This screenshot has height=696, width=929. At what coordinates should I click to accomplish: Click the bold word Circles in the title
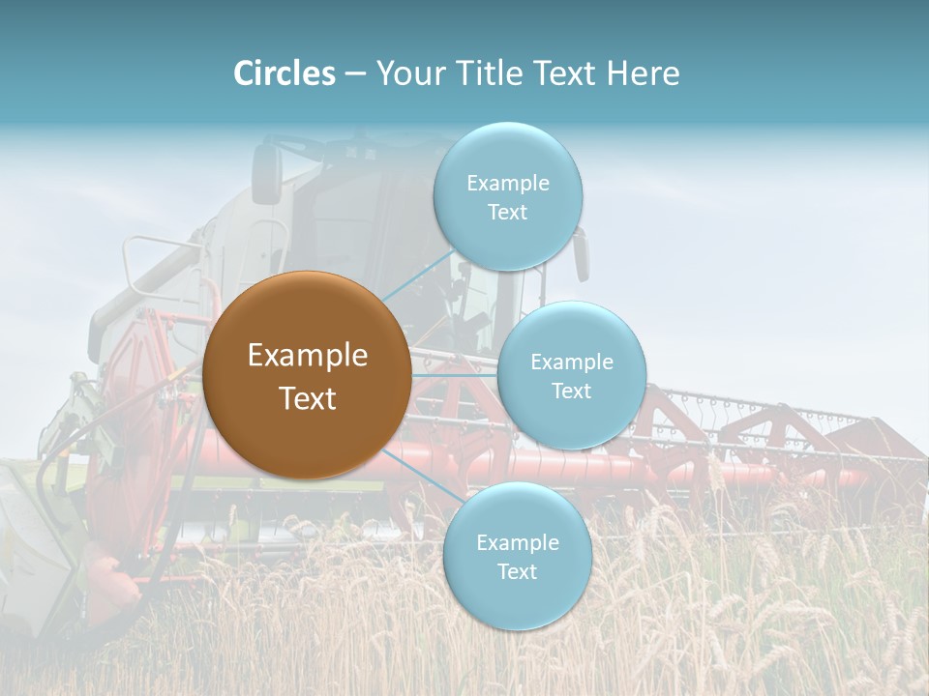click(285, 73)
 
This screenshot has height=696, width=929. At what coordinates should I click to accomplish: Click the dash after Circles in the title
click(355, 73)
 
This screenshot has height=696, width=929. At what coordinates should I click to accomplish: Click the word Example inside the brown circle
click(307, 356)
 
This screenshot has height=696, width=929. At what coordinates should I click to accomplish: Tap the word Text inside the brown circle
click(307, 398)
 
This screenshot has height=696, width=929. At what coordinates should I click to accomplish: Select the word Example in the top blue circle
click(507, 183)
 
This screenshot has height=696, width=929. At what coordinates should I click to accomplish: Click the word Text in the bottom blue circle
click(517, 571)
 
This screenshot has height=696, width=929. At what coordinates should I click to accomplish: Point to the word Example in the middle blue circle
click(571, 362)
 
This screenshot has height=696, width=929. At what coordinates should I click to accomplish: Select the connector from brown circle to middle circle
click(455, 375)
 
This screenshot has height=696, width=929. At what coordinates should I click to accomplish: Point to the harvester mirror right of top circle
click(581, 255)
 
